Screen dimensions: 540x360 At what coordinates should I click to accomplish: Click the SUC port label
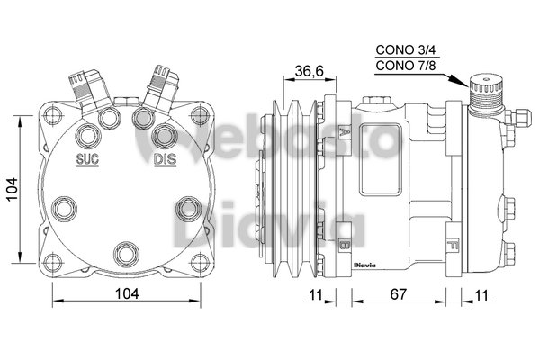(x=87, y=160)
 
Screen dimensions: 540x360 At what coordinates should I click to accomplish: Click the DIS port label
(x=165, y=160)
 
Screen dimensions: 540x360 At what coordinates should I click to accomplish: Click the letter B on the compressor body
(x=345, y=243)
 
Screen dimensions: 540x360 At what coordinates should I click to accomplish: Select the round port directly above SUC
(x=88, y=136)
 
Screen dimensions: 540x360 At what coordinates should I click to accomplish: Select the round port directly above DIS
(x=164, y=136)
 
